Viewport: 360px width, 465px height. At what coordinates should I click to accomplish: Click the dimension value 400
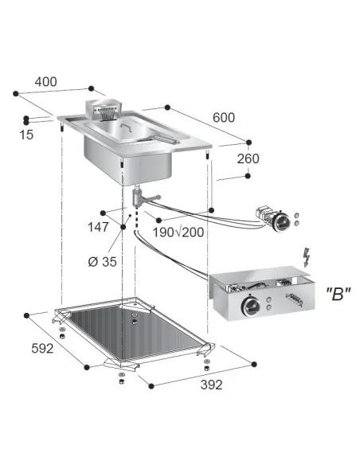click(x=46, y=82)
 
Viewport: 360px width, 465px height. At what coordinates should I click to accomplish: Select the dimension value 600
click(x=224, y=117)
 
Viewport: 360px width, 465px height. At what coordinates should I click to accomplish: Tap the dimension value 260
click(x=248, y=158)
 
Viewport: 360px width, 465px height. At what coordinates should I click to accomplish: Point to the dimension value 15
click(x=26, y=135)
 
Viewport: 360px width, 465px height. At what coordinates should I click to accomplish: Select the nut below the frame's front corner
click(x=119, y=377)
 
